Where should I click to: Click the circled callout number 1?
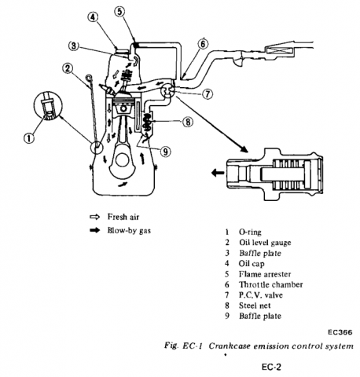[x=29, y=137]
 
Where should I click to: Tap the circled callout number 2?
[x=68, y=68]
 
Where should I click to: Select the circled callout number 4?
[x=93, y=17]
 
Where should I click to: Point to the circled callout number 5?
[x=119, y=12]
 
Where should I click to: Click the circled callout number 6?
[x=203, y=44]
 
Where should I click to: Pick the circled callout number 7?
[x=208, y=93]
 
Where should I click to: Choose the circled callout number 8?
[x=188, y=122]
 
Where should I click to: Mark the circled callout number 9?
[x=166, y=151]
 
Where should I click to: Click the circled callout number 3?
[x=74, y=46]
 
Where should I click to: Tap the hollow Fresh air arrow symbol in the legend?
[x=95, y=217]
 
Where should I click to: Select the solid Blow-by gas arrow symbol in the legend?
[x=95, y=230]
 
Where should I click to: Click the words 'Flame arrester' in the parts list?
[x=265, y=274]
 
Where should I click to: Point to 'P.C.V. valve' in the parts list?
[x=261, y=295]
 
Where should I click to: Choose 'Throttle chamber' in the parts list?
[x=270, y=284]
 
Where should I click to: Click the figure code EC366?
[x=340, y=332]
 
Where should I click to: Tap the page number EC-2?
[x=271, y=367]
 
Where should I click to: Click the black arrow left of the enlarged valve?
[x=218, y=173]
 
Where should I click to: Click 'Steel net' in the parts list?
[x=255, y=306]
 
